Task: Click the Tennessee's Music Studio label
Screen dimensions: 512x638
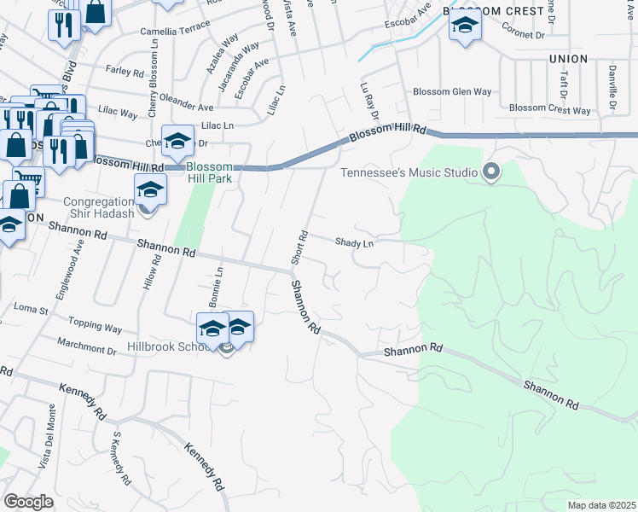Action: pos(409,172)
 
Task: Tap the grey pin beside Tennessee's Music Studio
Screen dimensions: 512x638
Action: pos(490,173)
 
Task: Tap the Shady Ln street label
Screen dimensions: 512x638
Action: pos(355,244)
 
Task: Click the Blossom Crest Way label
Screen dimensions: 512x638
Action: pos(549,110)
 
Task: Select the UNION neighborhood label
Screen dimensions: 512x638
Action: pos(569,59)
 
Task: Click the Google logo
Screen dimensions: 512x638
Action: pos(29,502)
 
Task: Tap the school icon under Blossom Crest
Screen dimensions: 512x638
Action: pos(465,28)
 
